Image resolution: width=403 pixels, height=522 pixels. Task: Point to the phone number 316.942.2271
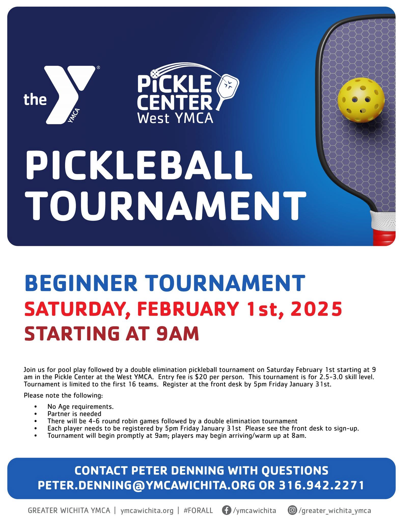tap(321, 485)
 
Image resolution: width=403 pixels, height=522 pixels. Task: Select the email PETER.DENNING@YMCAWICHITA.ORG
tap(146, 485)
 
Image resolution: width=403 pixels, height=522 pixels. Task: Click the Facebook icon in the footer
tap(226, 510)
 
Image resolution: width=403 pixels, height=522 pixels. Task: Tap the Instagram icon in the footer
tap(293, 510)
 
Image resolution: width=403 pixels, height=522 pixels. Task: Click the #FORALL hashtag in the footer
tap(198, 511)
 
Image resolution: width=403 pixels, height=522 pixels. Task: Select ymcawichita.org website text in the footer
tap(147, 511)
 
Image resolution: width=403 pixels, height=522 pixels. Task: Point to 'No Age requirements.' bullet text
tap(80, 407)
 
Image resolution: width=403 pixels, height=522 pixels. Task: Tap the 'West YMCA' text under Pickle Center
tap(175, 118)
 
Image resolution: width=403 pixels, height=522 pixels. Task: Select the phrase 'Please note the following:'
tap(63, 395)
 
